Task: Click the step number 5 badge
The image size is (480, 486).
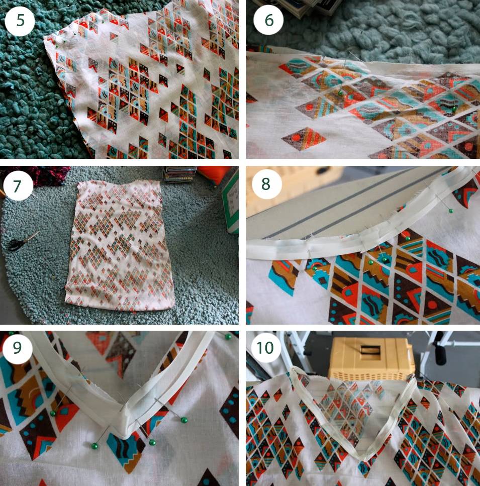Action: pos(20,21)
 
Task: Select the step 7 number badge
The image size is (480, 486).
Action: pos(18,186)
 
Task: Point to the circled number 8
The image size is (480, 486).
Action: pos(267,184)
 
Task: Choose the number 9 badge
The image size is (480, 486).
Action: pos(18,348)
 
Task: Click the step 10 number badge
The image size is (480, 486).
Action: pos(265,348)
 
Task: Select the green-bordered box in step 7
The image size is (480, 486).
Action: pos(231,202)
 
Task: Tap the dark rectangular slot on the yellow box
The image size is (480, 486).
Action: pos(371,350)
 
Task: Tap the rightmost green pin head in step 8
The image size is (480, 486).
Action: pos(451,211)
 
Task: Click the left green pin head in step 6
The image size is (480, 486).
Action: pos(340,92)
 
